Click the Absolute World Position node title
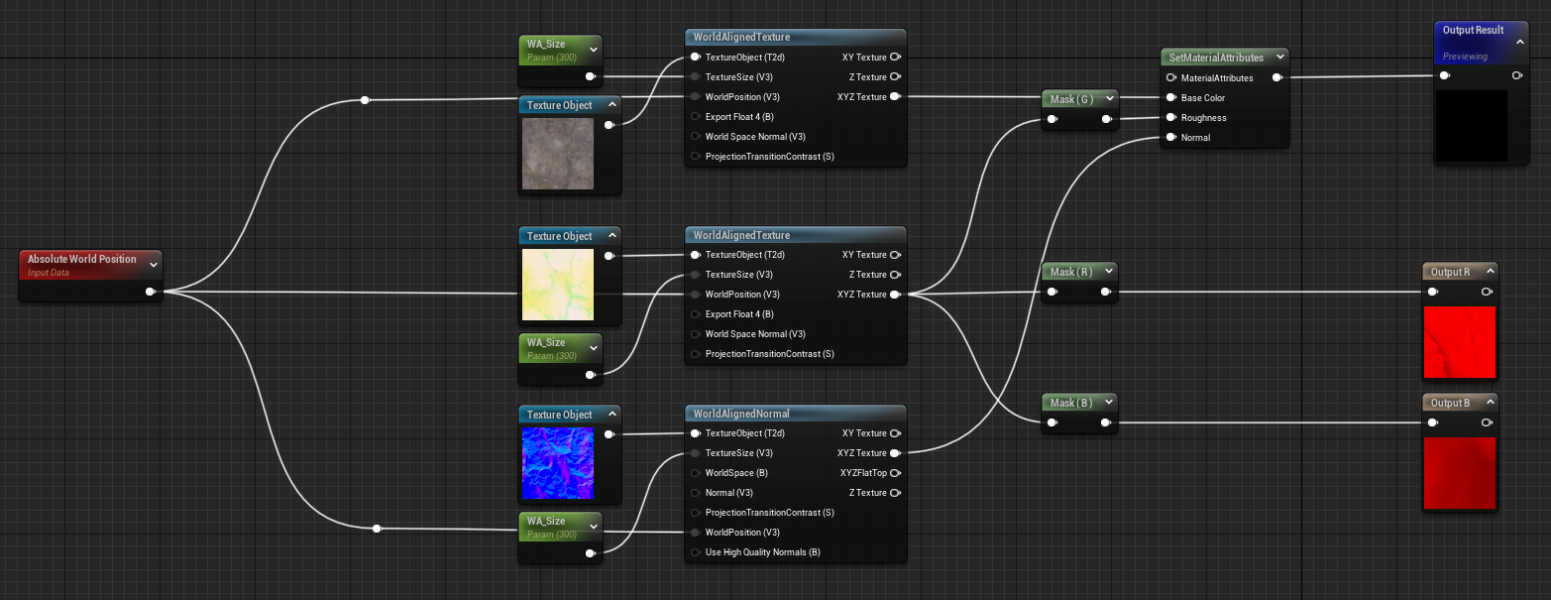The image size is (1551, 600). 81,259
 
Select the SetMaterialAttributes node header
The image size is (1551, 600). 1216,58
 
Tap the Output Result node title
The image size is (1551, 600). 1474,31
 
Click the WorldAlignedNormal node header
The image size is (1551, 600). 741,414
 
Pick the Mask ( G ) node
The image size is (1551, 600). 1070,98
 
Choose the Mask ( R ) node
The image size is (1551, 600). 1070,272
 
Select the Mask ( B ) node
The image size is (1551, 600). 1070,403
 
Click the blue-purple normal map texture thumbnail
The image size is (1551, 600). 558,463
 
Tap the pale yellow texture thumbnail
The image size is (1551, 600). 558,285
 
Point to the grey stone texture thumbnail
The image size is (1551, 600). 558,154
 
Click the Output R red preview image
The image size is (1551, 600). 1460,342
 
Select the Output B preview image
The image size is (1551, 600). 1460,473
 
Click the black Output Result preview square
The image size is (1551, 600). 1471,126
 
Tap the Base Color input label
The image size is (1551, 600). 1203,98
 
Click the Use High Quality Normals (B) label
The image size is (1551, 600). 762,552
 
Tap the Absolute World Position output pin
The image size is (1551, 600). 150,292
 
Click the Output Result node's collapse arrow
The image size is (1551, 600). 1520,43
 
